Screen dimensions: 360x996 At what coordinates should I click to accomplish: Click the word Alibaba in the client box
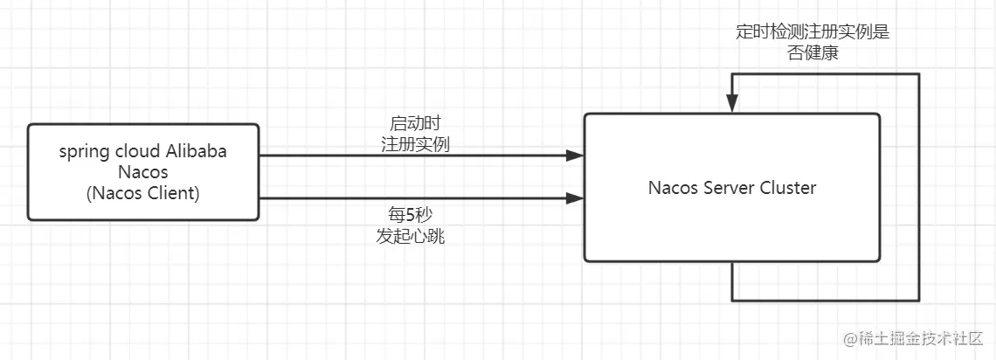197,151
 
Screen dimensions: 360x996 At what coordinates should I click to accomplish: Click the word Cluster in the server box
787,188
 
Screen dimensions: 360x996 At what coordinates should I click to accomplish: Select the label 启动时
415,123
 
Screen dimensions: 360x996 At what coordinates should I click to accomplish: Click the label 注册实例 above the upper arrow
415,144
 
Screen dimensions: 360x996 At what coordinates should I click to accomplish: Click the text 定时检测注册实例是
813,32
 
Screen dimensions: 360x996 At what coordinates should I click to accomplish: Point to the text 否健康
813,53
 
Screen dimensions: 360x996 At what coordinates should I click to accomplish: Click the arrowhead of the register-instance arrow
575,156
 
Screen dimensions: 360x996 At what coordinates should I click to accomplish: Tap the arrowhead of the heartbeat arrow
575,198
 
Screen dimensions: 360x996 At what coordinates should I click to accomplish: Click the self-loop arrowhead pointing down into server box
732,105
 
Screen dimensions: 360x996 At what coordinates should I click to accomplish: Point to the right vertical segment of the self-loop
919,188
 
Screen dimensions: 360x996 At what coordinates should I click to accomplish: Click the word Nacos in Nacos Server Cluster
674,188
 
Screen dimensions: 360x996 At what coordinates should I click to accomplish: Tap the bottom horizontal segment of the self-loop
826,301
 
